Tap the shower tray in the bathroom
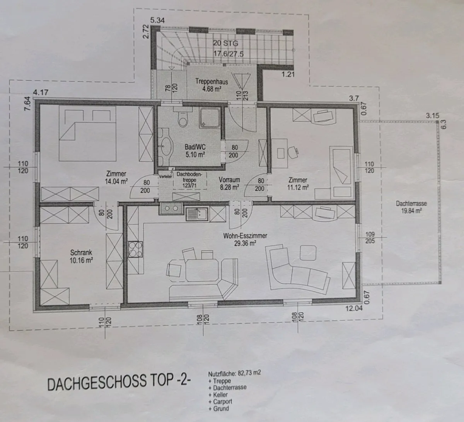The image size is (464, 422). click(210, 118)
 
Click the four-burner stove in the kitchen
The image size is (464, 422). click(135, 249)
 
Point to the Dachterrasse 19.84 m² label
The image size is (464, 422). click(411, 207)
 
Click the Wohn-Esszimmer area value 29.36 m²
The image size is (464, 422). click(245, 243)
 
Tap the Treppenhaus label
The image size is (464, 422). click(212, 82)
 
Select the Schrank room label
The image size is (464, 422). click(81, 252)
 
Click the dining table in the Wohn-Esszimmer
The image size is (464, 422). click(202, 270)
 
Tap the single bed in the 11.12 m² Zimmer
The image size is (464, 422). click(341, 172)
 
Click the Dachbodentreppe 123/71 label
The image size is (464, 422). click(189, 180)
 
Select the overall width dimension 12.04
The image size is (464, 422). click(354, 308)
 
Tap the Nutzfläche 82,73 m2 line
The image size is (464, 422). click(235, 373)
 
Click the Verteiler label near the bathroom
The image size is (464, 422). click(165, 177)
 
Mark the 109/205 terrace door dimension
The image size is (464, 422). click(370, 238)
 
